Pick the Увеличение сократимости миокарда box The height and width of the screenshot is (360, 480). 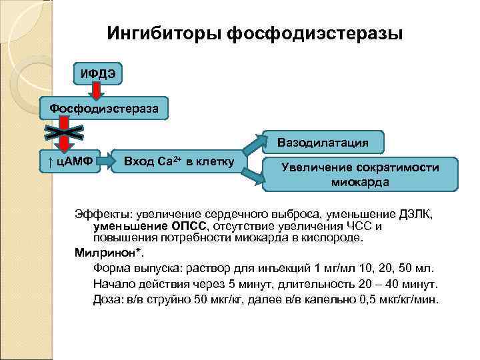(x=360, y=175)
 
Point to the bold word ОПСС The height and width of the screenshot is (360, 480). (x=189, y=226)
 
